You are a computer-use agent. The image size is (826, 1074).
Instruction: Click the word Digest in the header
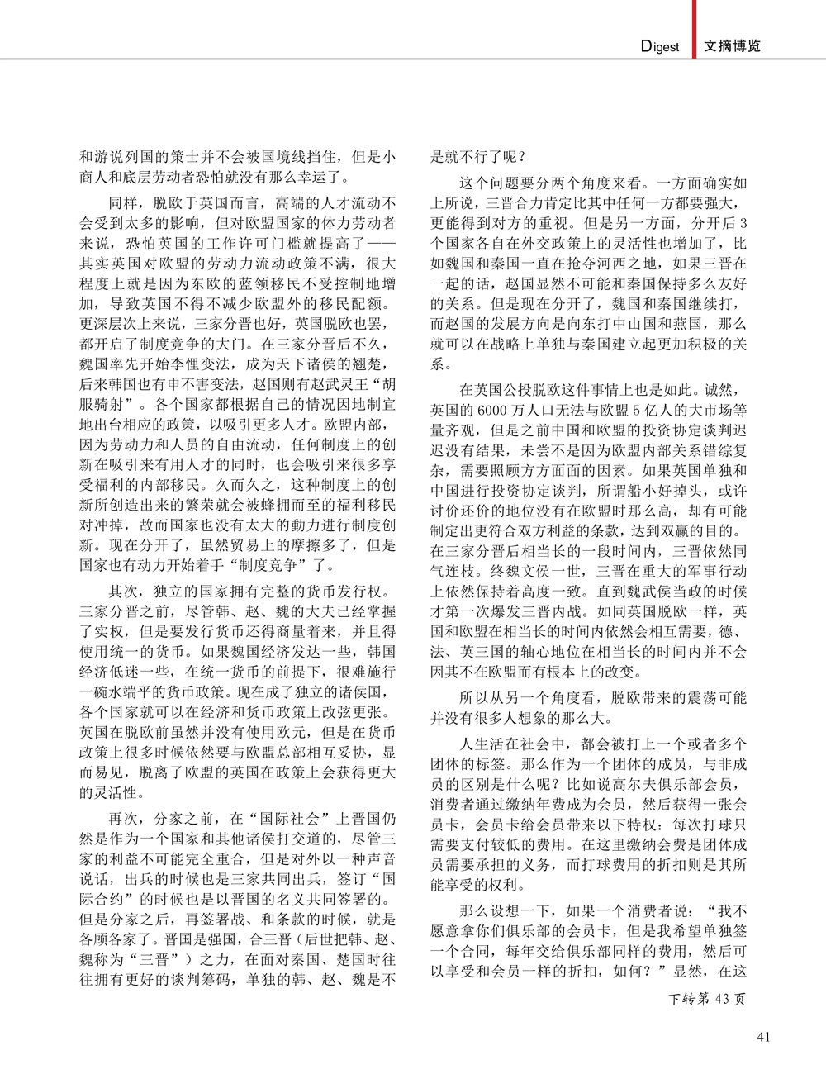660,47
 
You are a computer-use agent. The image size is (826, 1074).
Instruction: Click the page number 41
763,1037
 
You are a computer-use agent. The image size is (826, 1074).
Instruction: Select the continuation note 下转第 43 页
706,999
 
